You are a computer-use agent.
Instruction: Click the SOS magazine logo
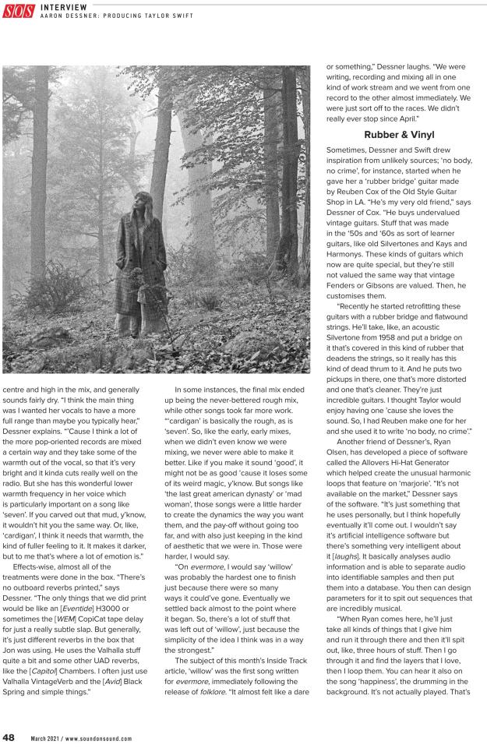[19, 11]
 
